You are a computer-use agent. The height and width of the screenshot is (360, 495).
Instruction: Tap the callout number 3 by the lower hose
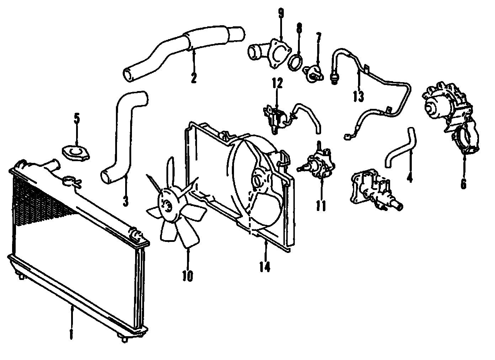coord(125,200)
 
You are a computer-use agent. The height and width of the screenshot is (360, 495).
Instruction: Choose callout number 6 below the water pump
coord(463,183)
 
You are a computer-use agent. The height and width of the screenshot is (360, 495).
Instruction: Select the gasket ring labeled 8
coord(296,61)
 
